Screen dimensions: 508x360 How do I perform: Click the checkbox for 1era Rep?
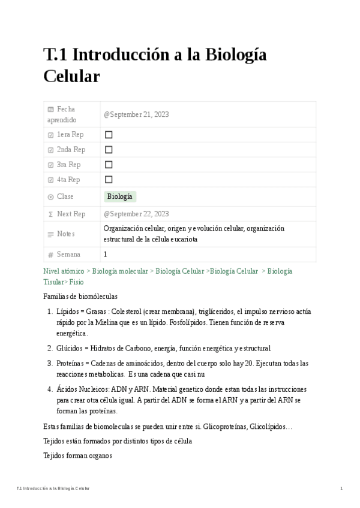pos(109,135)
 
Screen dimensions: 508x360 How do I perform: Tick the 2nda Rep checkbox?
pos(109,150)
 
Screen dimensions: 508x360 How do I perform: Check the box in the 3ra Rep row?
pos(109,165)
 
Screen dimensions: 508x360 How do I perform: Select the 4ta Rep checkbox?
pos(109,180)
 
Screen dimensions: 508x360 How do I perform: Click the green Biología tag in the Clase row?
pos(120,196)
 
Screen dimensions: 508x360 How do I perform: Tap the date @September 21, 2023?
pos(136,114)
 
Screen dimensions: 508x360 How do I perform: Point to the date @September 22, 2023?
pos(136,214)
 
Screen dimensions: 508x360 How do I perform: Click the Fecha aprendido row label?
pos(66,114)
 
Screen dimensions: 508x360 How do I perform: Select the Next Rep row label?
pos(71,214)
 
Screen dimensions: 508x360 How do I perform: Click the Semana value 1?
pos(106,255)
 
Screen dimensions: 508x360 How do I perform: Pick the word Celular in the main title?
pos(71,77)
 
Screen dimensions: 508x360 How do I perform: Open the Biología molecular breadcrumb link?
pos(120,271)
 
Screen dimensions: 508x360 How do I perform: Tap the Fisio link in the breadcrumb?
pos(77,282)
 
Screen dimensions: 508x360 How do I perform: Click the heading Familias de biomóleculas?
pos(80,297)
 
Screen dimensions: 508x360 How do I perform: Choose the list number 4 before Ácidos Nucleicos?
pos(50,389)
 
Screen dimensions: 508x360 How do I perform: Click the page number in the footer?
pos(341,489)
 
